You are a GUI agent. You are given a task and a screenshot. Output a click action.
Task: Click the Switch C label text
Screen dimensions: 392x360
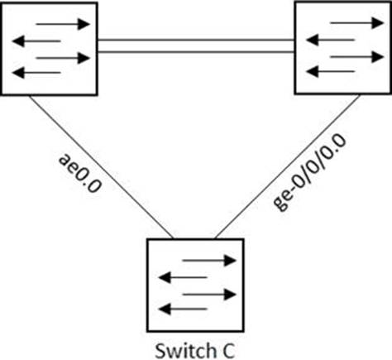click(x=195, y=350)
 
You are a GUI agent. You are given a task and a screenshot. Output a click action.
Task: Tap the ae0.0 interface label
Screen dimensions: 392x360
click(x=80, y=174)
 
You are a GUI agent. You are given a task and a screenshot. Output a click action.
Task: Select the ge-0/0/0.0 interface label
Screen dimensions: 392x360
click(x=309, y=172)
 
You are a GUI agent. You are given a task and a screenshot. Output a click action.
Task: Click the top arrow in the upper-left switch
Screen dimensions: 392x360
click(x=63, y=24)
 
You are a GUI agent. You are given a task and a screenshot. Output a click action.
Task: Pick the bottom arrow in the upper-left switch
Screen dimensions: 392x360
click(x=36, y=73)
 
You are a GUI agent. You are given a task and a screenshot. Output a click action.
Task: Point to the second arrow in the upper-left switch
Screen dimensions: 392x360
click(x=36, y=41)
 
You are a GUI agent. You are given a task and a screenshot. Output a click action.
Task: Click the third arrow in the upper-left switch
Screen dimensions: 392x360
click(x=63, y=58)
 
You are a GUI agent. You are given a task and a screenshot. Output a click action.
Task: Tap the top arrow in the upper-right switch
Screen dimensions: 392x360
click(x=356, y=23)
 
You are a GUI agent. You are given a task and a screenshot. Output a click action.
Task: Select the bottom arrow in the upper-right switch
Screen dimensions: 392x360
click(x=330, y=72)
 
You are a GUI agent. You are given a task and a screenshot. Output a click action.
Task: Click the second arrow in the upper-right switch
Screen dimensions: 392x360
click(x=330, y=41)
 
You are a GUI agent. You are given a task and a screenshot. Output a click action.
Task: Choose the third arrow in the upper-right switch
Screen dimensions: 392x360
click(x=356, y=57)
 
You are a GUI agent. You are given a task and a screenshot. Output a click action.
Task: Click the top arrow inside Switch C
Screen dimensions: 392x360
click(x=209, y=261)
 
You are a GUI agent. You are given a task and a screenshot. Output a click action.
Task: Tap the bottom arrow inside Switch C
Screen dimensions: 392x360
click(x=183, y=310)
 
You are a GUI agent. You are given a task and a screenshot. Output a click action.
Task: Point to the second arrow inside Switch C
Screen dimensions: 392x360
click(x=183, y=277)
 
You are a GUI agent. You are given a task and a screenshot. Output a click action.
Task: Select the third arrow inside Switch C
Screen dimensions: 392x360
click(x=209, y=295)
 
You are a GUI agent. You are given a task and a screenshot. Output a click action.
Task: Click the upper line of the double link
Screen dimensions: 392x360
click(x=196, y=41)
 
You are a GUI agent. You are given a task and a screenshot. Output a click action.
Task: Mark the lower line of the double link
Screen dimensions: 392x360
click(x=196, y=51)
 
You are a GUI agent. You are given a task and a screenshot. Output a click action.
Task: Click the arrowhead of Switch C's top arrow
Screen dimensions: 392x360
click(x=231, y=261)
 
